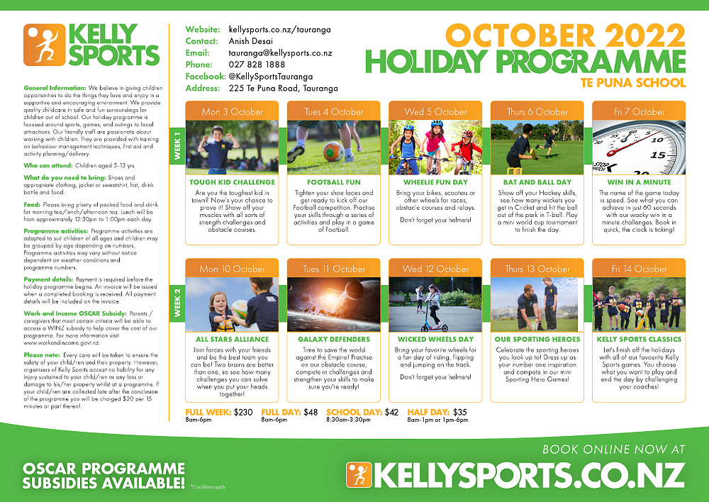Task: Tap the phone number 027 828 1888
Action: pos(257,65)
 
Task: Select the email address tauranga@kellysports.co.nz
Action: pos(280,53)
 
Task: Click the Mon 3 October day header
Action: pos(232,111)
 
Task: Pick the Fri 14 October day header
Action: pos(639,269)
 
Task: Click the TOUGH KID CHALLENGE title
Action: pos(232,182)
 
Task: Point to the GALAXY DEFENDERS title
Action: pos(334,339)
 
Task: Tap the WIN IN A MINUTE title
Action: pos(639,182)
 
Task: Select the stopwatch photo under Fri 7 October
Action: pos(639,147)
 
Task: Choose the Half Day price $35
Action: pos(460,412)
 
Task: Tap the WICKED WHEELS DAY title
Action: pos(435,339)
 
